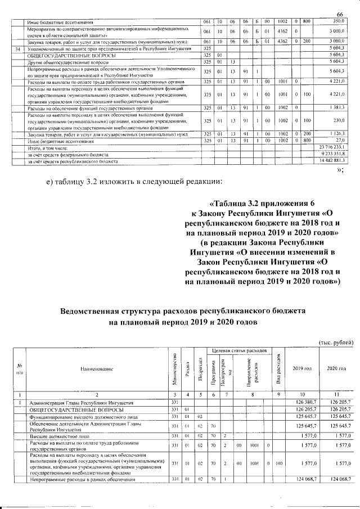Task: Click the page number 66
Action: [339, 14]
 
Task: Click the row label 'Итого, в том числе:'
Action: [47, 148]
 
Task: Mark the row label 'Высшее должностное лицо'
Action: [62, 435]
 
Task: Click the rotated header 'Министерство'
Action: [175, 370]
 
